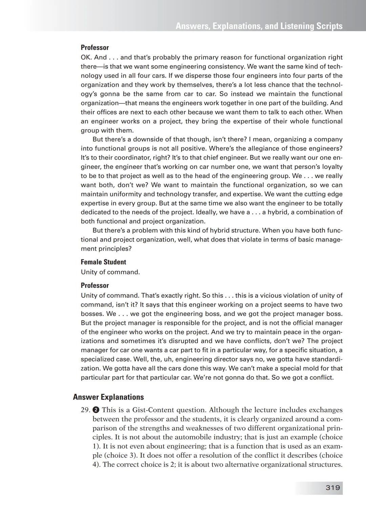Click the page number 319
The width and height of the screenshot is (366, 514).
point(333,488)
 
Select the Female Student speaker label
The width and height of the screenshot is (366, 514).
point(103,262)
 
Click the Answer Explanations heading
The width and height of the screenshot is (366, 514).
point(108,397)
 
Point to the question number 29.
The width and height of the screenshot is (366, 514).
point(85,410)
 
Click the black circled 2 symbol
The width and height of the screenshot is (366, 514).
point(96,410)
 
